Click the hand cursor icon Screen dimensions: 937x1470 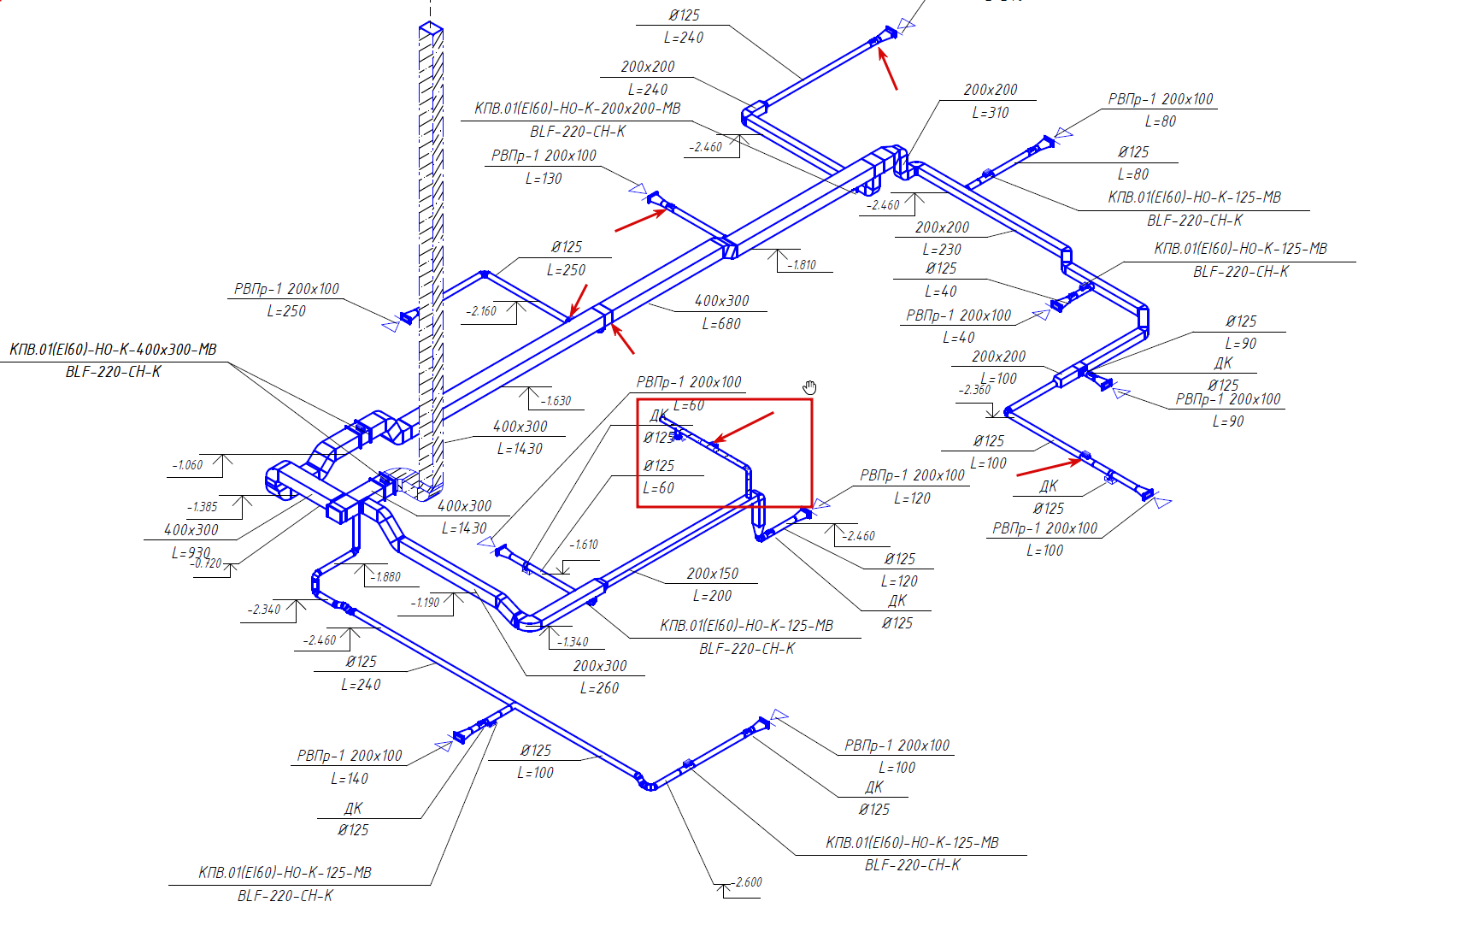pyautogui.click(x=809, y=387)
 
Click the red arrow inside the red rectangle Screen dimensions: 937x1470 pyautogui.click(x=743, y=427)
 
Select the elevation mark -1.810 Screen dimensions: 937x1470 pyautogui.click(x=803, y=265)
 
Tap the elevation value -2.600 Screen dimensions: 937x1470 pyautogui.click(x=748, y=882)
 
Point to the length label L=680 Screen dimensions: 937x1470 pyautogui.click(x=721, y=324)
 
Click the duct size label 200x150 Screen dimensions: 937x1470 pyautogui.click(x=712, y=574)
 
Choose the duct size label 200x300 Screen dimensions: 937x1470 pyautogui.click(x=599, y=666)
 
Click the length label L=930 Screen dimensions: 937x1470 pyautogui.click(x=191, y=552)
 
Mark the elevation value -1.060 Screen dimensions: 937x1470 pyautogui.click(x=187, y=465)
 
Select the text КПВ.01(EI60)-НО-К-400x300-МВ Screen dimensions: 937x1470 pyautogui.click(x=113, y=350)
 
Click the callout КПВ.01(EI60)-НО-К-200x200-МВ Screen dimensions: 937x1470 pyautogui.click(x=578, y=109)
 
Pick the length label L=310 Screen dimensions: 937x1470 pyautogui.click(x=990, y=113)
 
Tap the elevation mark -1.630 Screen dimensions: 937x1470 pyautogui.click(x=556, y=400)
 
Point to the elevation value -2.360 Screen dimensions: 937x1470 pyautogui.click(x=974, y=390)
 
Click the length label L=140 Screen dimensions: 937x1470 pyautogui.click(x=349, y=779)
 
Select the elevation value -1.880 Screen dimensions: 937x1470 pyautogui.click(x=385, y=577)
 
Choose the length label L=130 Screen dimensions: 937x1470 pyautogui.click(x=544, y=179)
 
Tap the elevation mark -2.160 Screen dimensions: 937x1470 pyautogui.click(x=481, y=311)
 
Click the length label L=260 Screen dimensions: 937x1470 pyautogui.click(x=599, y=688)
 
